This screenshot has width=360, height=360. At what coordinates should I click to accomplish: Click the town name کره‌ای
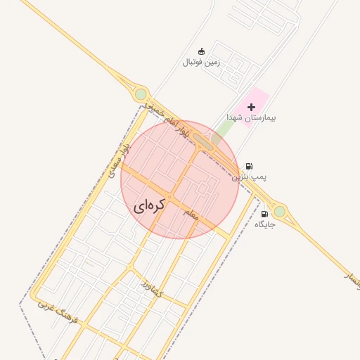[149, 205]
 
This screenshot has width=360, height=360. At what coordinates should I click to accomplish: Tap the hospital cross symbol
[251, 107]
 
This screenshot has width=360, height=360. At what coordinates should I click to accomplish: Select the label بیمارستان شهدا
[251, 117]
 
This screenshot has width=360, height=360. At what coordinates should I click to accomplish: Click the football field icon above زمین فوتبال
[202, 51]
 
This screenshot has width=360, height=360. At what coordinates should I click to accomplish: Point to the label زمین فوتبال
[202, 62]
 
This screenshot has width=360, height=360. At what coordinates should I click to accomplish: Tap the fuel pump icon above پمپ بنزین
[249, 167]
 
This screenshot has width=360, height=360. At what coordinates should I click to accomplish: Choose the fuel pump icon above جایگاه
[264, 214]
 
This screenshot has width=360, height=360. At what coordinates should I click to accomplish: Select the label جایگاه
[264, 224]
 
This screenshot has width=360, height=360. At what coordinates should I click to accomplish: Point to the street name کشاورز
[151, 288]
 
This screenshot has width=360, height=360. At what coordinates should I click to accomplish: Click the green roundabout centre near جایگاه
[280, 210]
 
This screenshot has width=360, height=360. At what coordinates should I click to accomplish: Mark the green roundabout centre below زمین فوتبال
[141, 94]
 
